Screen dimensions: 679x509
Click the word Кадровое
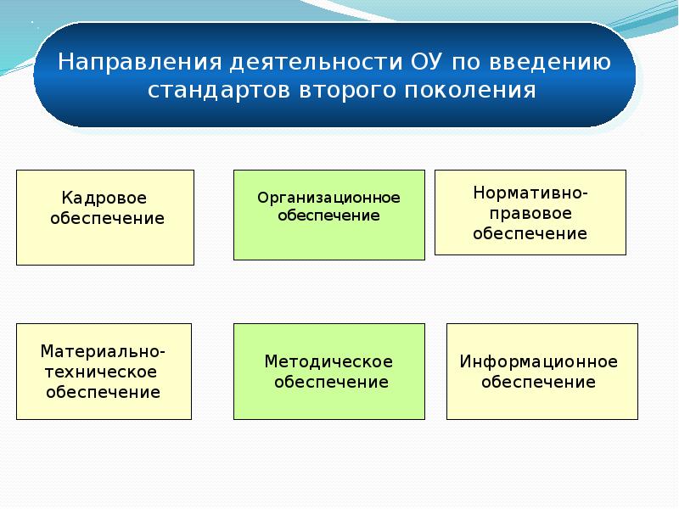(104, 199)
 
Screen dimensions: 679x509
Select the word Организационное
(328, 198)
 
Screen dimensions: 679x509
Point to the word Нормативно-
(530, 193)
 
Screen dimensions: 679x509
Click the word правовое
(530, 213)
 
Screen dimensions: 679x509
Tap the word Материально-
(104, 351)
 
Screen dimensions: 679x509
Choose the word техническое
(104, 372)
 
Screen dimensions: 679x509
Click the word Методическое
(328, 361)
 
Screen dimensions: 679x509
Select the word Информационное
(539, 361)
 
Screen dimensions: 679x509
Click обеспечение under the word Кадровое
(107, 219)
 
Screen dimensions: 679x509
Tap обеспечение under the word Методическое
(331, 382)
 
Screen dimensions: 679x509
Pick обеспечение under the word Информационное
(539, 382)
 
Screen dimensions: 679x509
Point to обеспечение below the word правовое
(530, 233)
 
